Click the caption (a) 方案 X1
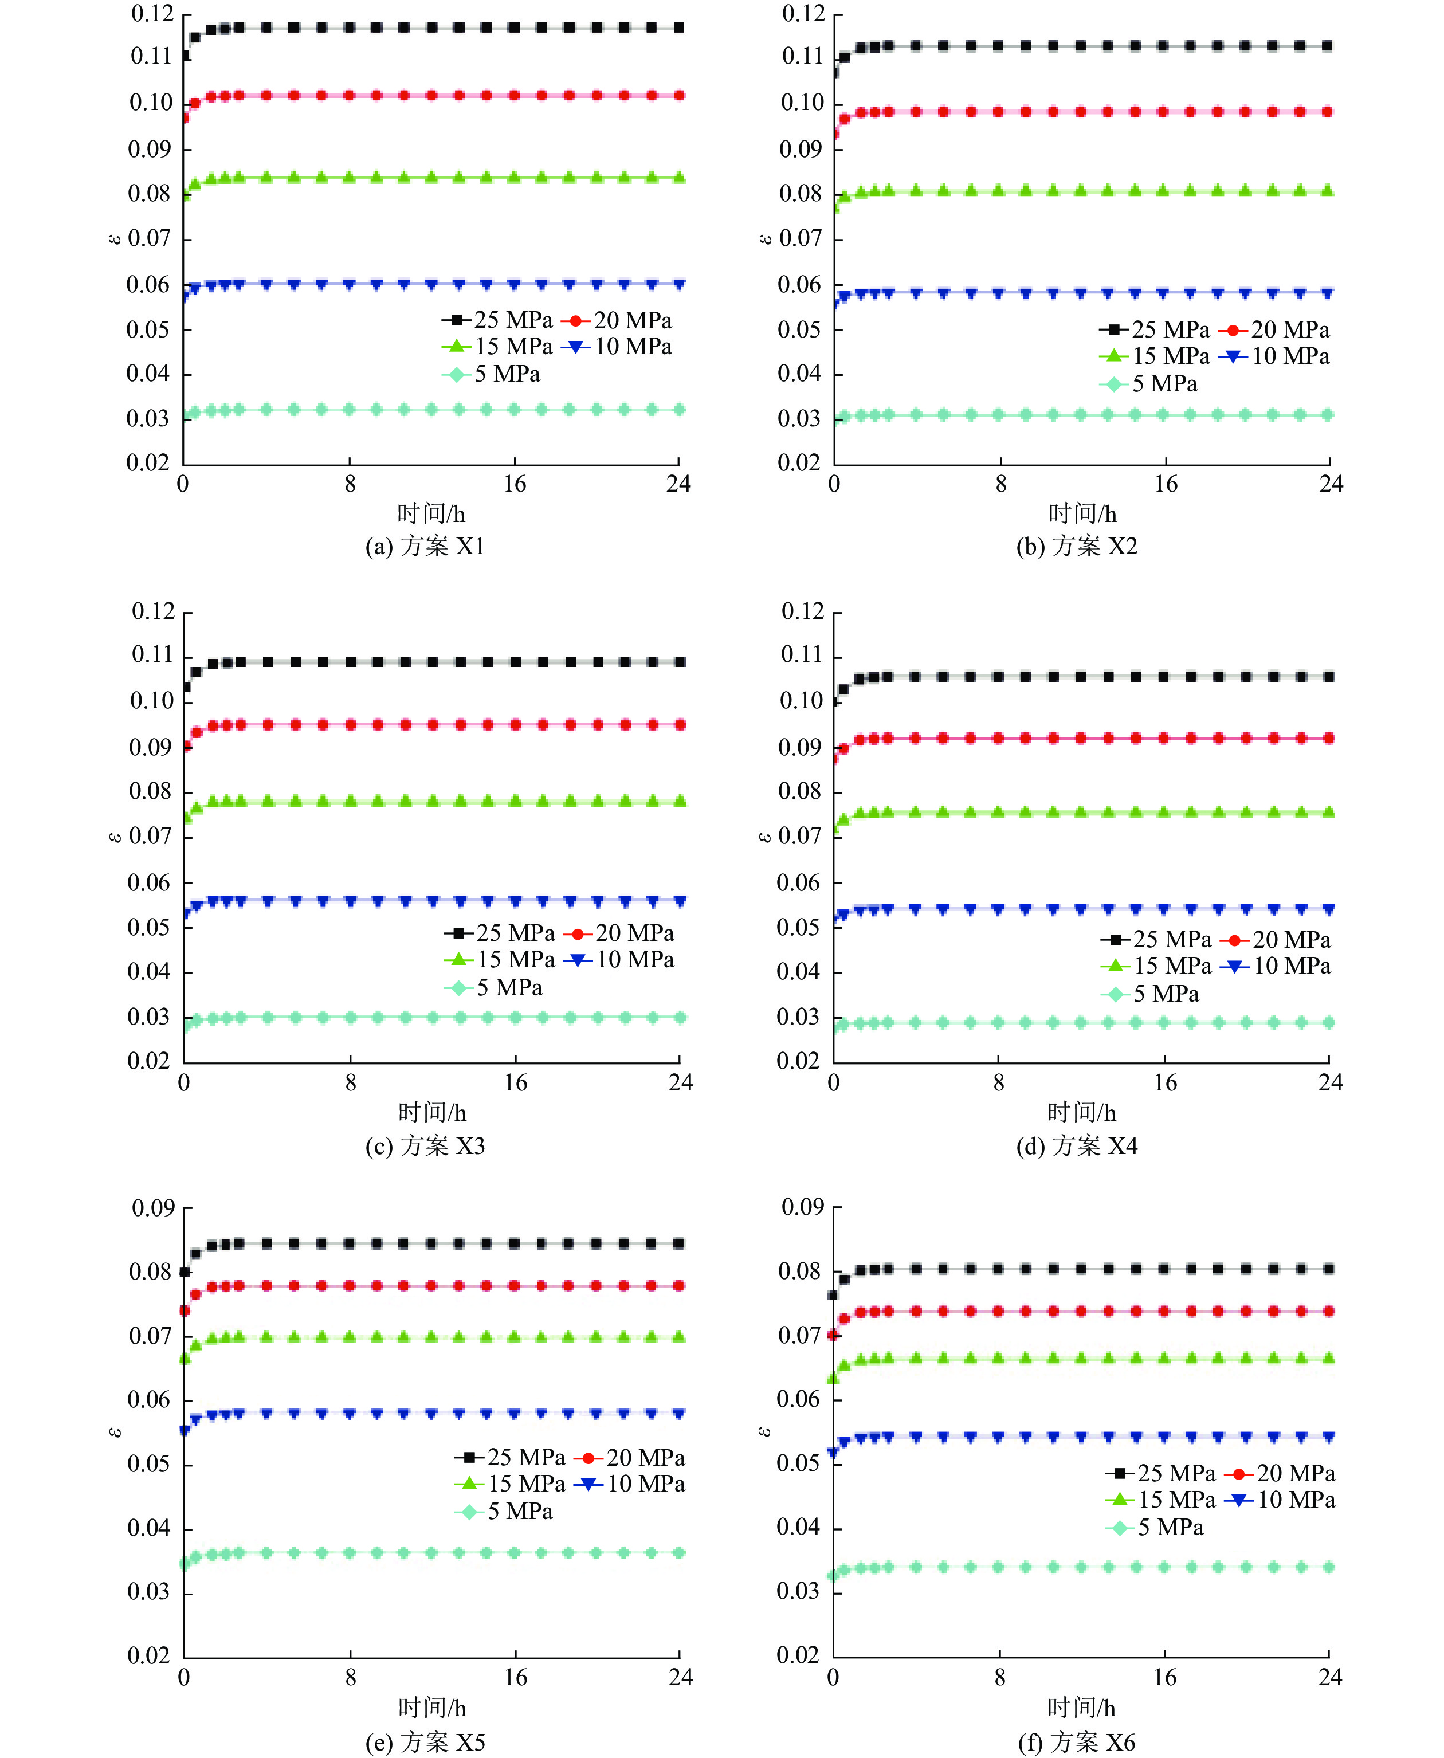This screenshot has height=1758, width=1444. point(425,546)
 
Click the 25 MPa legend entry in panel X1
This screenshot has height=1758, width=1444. point(497,320)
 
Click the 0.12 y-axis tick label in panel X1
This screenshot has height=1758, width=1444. point(152,14)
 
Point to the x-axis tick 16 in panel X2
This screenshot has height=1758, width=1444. point(1166,484)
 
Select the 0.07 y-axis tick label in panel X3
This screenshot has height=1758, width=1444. point(150,837)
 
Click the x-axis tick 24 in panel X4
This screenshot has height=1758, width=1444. point(1330,1083)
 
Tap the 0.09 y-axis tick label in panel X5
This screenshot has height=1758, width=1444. point(153,1208)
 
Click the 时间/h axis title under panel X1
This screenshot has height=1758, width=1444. point(431,514)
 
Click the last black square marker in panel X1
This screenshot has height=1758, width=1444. point(679,28)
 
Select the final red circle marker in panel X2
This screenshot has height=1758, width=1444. point(1328,111)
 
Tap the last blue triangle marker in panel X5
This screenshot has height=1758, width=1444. point(679,1413)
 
